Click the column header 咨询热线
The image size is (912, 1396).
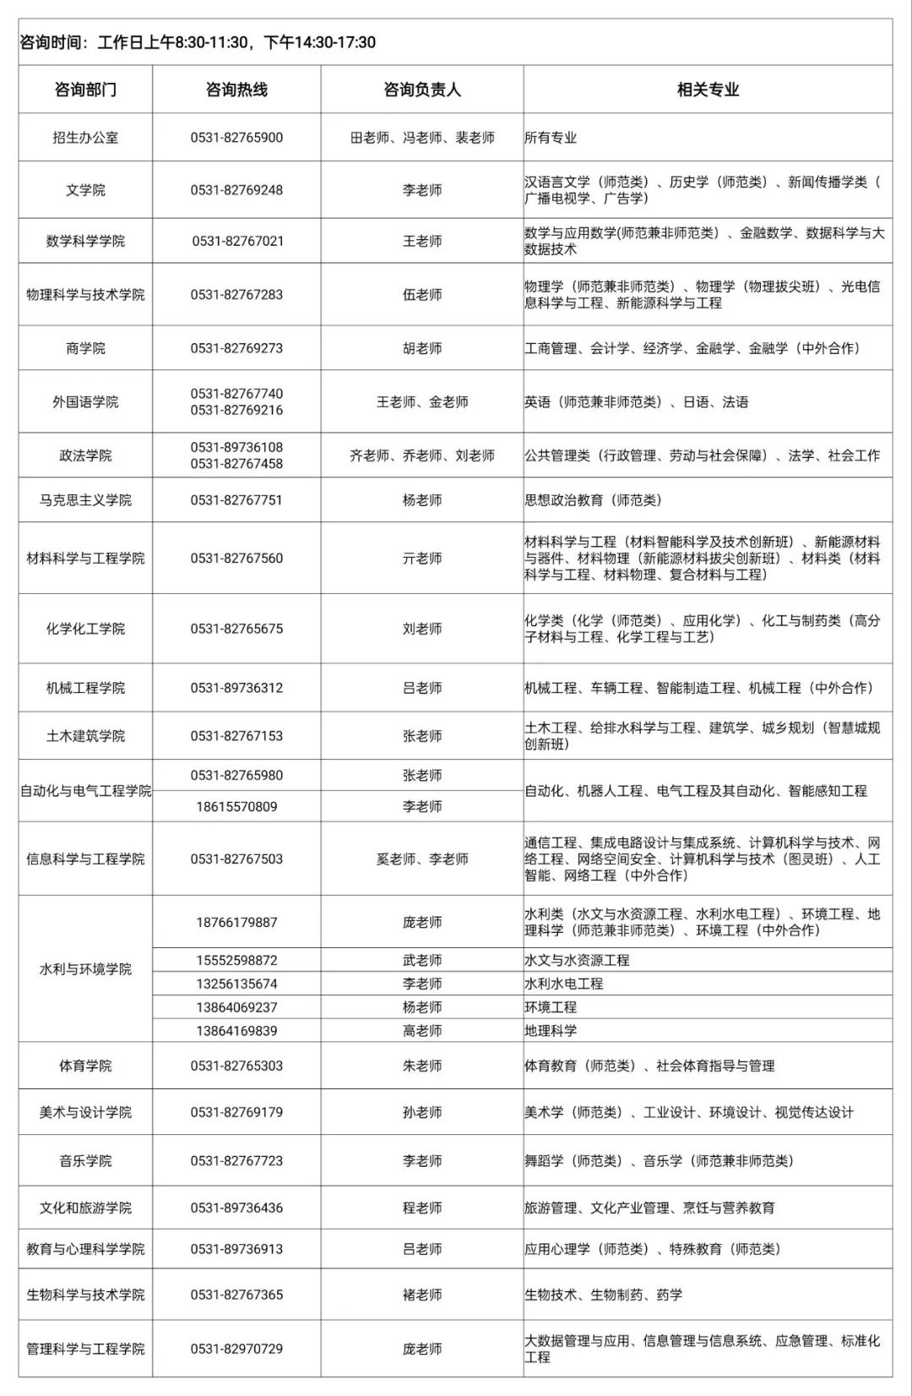236,90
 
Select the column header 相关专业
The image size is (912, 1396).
708,90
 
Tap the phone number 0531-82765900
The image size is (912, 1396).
236,138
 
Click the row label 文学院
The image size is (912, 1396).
85,190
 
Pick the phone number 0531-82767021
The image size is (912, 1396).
237,241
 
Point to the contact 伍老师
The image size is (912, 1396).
421,295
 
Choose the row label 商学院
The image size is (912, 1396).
85,348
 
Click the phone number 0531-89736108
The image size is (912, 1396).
236,447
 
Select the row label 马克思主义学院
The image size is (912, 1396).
85,500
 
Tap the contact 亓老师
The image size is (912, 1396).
421,559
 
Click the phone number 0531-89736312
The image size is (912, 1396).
236,688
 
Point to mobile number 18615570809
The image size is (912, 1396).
236,807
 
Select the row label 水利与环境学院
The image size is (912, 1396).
85,969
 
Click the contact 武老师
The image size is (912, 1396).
421,960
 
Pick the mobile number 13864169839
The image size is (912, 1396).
236,1031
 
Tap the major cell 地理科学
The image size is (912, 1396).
551,1031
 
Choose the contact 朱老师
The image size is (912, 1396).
421,1066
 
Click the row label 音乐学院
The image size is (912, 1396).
85,1161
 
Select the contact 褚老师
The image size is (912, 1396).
421,1295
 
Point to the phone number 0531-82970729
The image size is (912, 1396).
236,1349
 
